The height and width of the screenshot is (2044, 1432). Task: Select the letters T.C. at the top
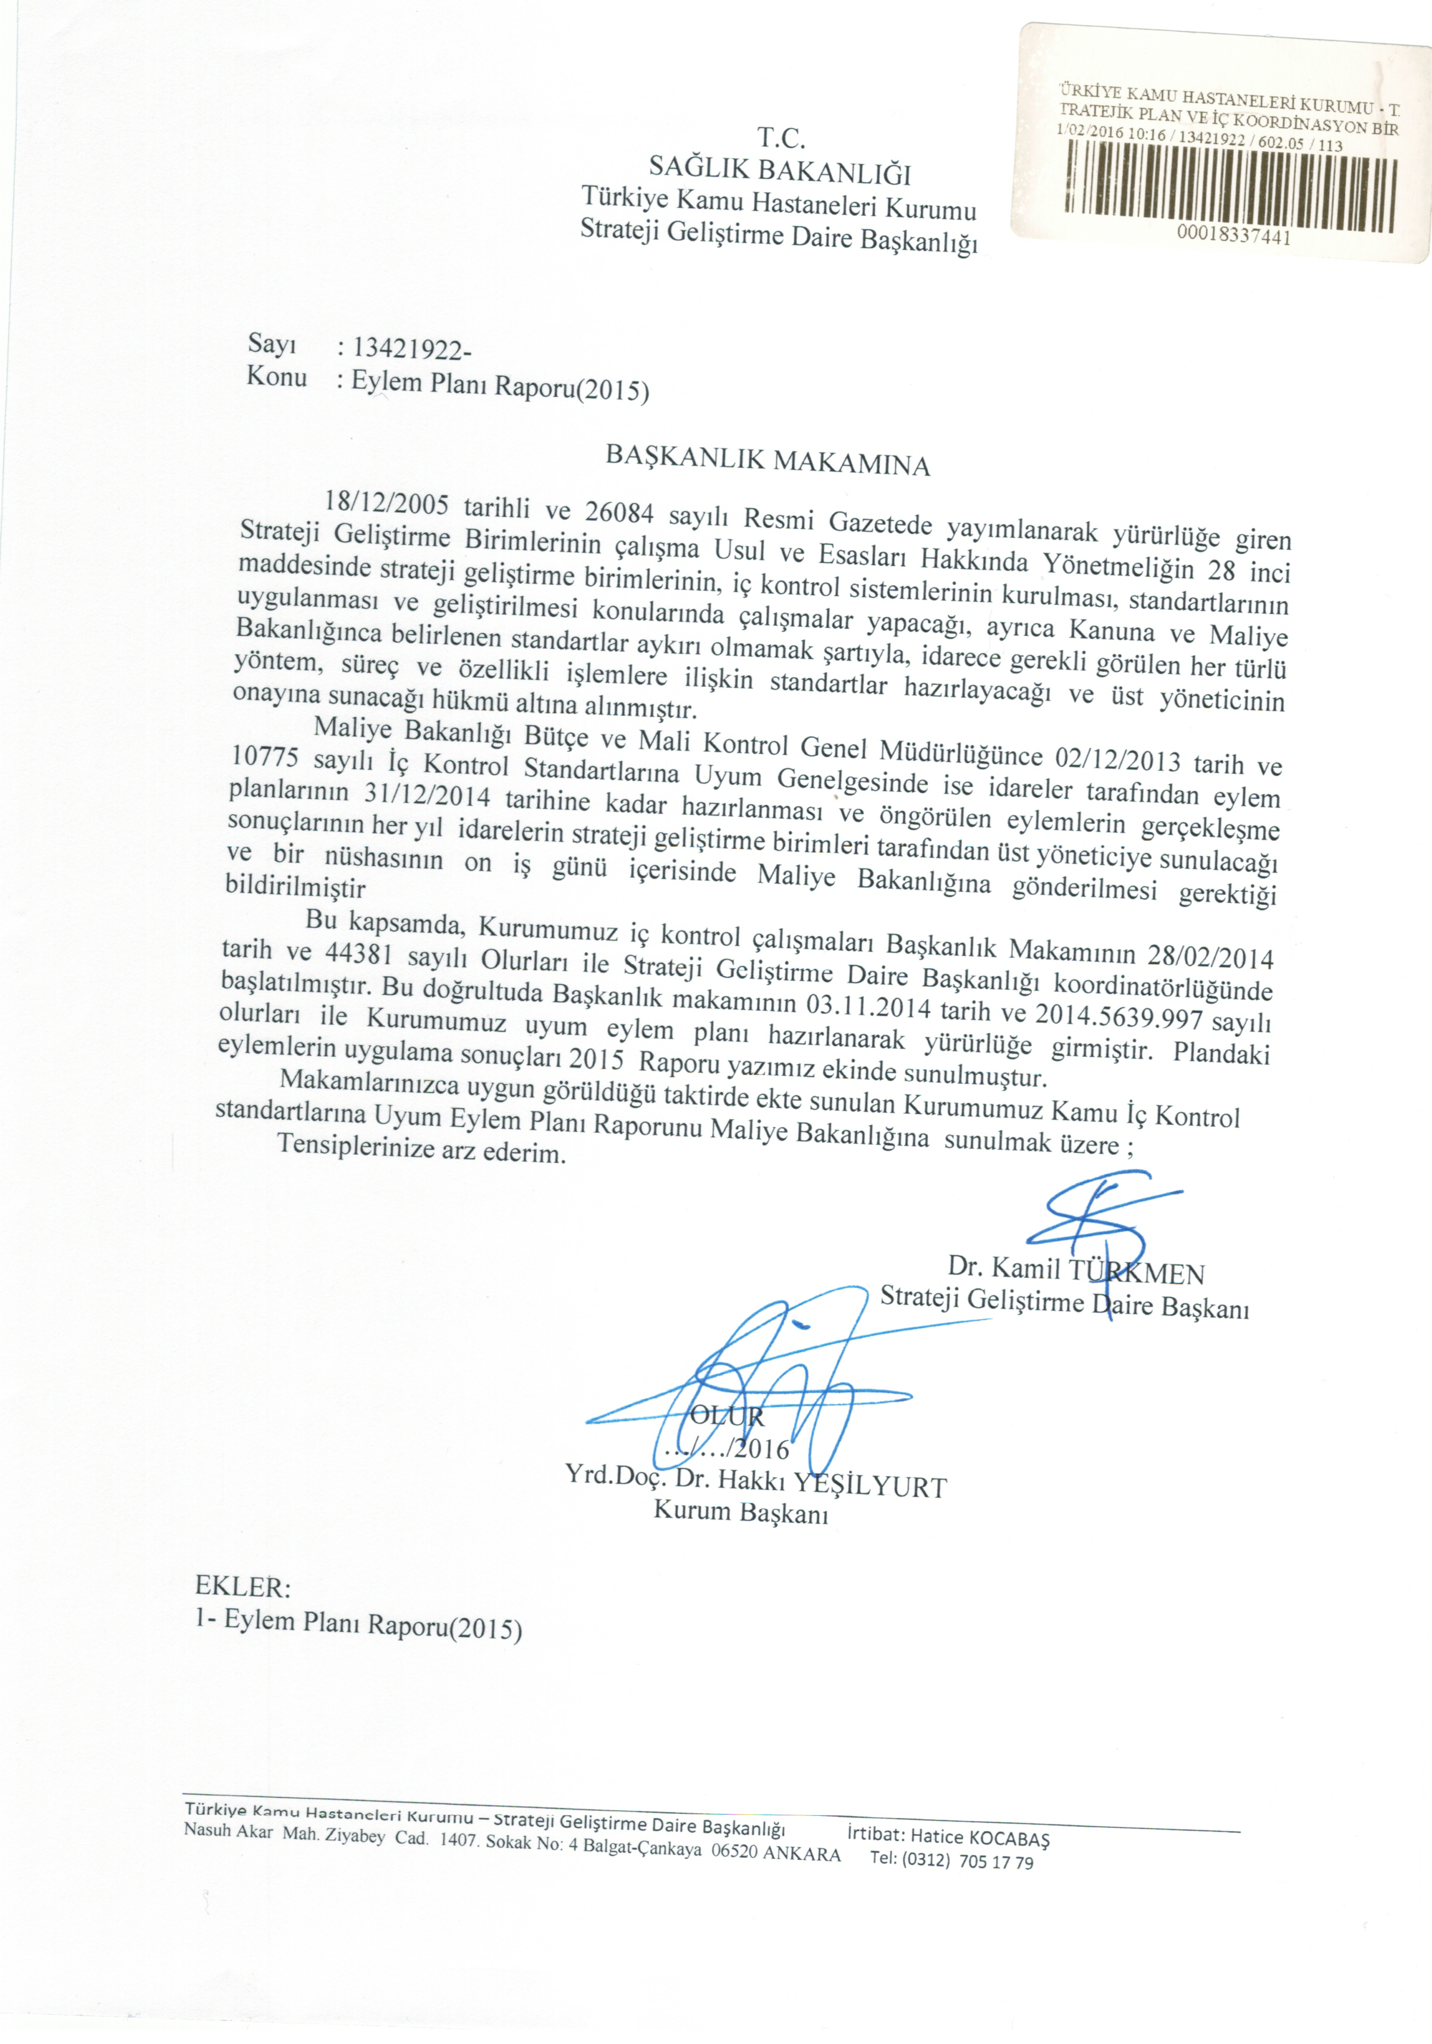[x=782, y=138]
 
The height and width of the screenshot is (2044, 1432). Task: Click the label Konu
[x=277, y=376]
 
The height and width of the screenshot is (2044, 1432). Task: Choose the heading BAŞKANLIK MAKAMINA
[x=767, y=460]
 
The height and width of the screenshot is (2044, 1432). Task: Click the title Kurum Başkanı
[x=741, y=1511]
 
